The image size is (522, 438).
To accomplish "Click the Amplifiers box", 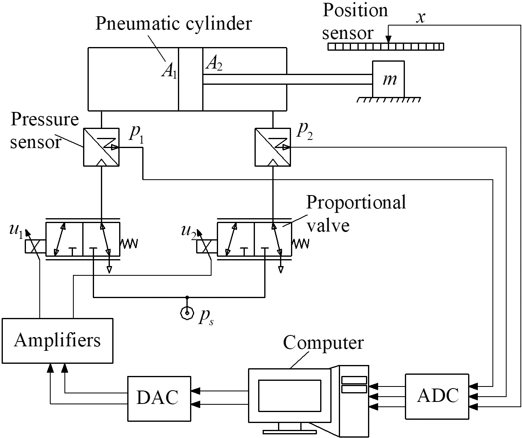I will (58, 340).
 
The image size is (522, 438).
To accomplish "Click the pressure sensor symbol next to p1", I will (101, 147).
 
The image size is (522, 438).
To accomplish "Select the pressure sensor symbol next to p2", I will (272, 147).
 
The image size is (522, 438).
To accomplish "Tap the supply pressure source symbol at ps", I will (187, 313).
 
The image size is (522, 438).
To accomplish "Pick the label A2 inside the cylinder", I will (214, 64).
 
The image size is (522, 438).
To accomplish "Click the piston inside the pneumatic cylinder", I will (190, 79).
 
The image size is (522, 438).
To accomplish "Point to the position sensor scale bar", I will (385, 47).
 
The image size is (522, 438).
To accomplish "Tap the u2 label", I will (188, 230).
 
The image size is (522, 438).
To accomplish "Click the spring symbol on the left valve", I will (129, 243).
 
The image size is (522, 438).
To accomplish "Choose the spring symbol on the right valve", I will (301, 243).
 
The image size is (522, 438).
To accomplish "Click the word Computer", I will (323, 343).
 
